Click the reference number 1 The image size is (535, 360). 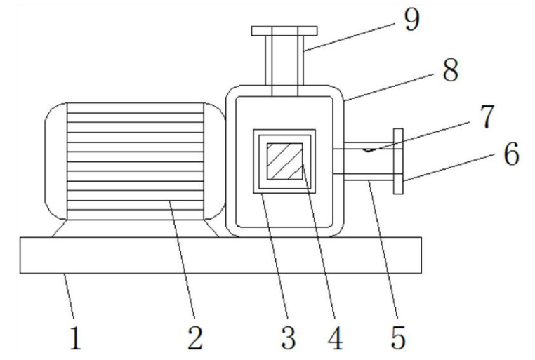coord(76,338)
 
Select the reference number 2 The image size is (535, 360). coord(194,338)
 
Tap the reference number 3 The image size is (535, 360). coord(289,338)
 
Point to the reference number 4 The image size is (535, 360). coord(335,338)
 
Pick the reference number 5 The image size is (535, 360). coord(398,338)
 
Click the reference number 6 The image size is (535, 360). coord(511,154)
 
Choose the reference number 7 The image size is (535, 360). coord(487,116)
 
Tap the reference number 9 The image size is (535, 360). coord(411,20)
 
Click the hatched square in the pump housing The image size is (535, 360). coord(285,161)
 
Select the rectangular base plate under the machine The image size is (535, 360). coord(220,255)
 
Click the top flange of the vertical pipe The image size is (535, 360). coord(284,31)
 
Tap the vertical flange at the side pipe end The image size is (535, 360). coord(398,161)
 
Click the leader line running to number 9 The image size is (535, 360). coord(349,37)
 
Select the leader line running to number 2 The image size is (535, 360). coord(183,260)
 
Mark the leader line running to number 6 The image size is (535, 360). coord(449,168)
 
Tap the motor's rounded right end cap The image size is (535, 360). coord(215,161)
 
